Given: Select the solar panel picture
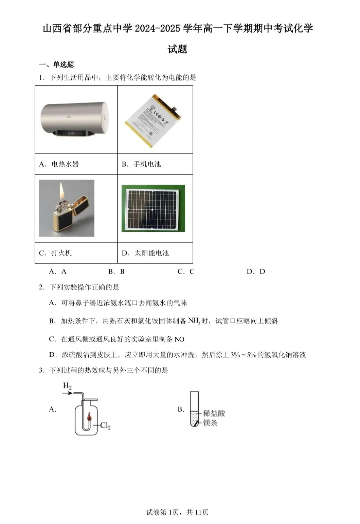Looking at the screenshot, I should [153, 208].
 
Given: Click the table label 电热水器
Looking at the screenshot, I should [65, 164].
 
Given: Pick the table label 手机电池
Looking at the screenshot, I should [147, 164].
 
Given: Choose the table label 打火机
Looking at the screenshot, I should [61, 253].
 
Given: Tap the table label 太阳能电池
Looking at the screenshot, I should [151, 253].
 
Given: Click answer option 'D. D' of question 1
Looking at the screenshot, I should [256, 272].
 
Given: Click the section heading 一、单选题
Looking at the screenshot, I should [56, 65].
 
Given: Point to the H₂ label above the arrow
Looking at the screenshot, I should [67, 386].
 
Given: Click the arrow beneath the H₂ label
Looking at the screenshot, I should [68, 393].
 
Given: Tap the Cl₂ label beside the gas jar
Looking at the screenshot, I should [105, 426].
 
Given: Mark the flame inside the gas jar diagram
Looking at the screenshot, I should [90, 416].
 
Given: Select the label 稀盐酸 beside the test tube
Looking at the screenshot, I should [214, 413].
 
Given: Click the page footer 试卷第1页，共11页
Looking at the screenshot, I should [177, 512].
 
